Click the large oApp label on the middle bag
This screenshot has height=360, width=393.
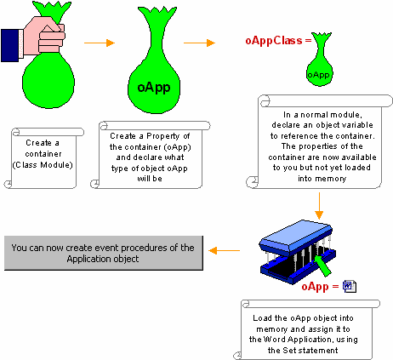(x=154, y=88)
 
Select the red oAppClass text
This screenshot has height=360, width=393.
(x=274, y=41)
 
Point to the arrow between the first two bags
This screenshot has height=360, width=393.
(x=100, y=43)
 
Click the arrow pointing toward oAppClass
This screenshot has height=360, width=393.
(x=199, y=43)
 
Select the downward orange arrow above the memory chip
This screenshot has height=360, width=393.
(x=319, y=206)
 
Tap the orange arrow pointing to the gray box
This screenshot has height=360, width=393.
(x=225, y=251)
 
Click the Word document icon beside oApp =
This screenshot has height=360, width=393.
(x=350, y=286)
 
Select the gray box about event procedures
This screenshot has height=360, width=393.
(x=104, y=253)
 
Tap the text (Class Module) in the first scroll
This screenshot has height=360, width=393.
(x=43, y=165)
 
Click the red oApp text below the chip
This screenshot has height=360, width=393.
(x=315, y=287)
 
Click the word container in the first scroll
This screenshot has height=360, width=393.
(x=43, y=154)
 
